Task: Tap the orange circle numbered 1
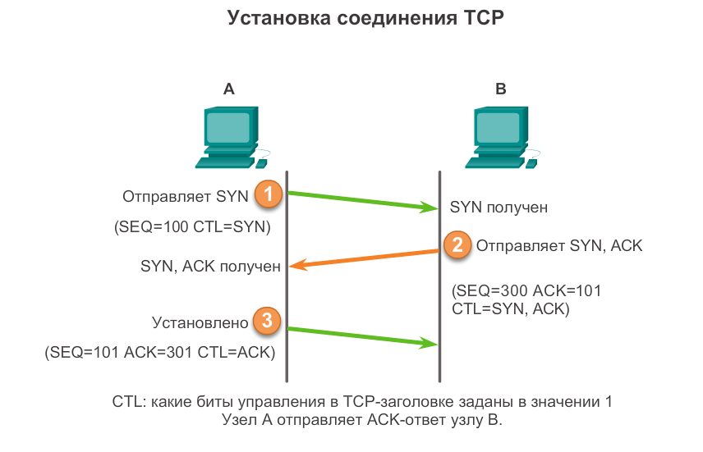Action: click(268, 195)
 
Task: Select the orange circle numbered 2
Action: click(457, 244)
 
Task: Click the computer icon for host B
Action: click(500, 135)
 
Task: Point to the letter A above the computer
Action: click(229, 89)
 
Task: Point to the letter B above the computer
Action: click(501, 89)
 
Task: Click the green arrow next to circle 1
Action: click(362, 201)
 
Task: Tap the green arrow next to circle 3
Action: click(362, 336)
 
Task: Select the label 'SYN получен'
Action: click(499, 208)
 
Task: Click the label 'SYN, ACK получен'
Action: click(211, 267)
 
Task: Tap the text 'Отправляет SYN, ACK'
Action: click(559, 245)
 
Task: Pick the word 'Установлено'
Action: click(198, 320)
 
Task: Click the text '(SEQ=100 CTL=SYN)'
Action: click(192, 227)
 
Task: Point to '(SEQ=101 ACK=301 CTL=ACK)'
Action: click(159, 352)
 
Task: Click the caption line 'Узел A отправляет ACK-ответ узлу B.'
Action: click(362, 421)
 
